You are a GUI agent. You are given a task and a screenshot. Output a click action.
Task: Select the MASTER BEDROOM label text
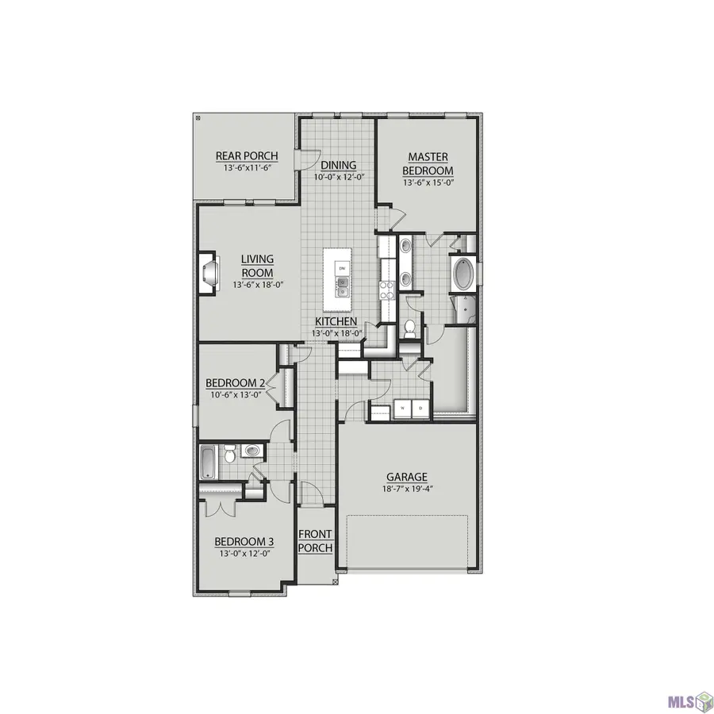click(427, 164)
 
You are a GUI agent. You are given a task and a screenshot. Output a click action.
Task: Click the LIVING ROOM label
click(258, 265)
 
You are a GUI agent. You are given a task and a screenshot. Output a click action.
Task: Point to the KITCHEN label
click(336, 321)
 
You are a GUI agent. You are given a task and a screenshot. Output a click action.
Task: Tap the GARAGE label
click(407, 477)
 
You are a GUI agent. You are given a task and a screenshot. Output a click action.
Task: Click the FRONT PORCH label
click(316, 541)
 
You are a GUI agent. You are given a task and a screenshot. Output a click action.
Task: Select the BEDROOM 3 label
click(244, 542)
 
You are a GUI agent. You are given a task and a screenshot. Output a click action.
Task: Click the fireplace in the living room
click(210, 274)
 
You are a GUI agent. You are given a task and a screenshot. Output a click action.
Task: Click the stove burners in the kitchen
click(388, 290)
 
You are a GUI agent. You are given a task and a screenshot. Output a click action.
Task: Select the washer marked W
click(403, 408)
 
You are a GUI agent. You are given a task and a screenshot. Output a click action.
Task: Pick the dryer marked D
click(420, 408)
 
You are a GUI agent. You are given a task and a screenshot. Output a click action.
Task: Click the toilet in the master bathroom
click(409, 328)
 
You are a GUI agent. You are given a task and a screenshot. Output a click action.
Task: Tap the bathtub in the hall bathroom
click(207, 462)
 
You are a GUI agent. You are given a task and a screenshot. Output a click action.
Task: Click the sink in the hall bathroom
click(251, 451)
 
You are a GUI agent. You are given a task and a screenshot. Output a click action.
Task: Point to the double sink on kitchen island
click(343, 284)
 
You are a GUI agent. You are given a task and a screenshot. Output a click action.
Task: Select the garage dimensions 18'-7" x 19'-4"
click(407, 488)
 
